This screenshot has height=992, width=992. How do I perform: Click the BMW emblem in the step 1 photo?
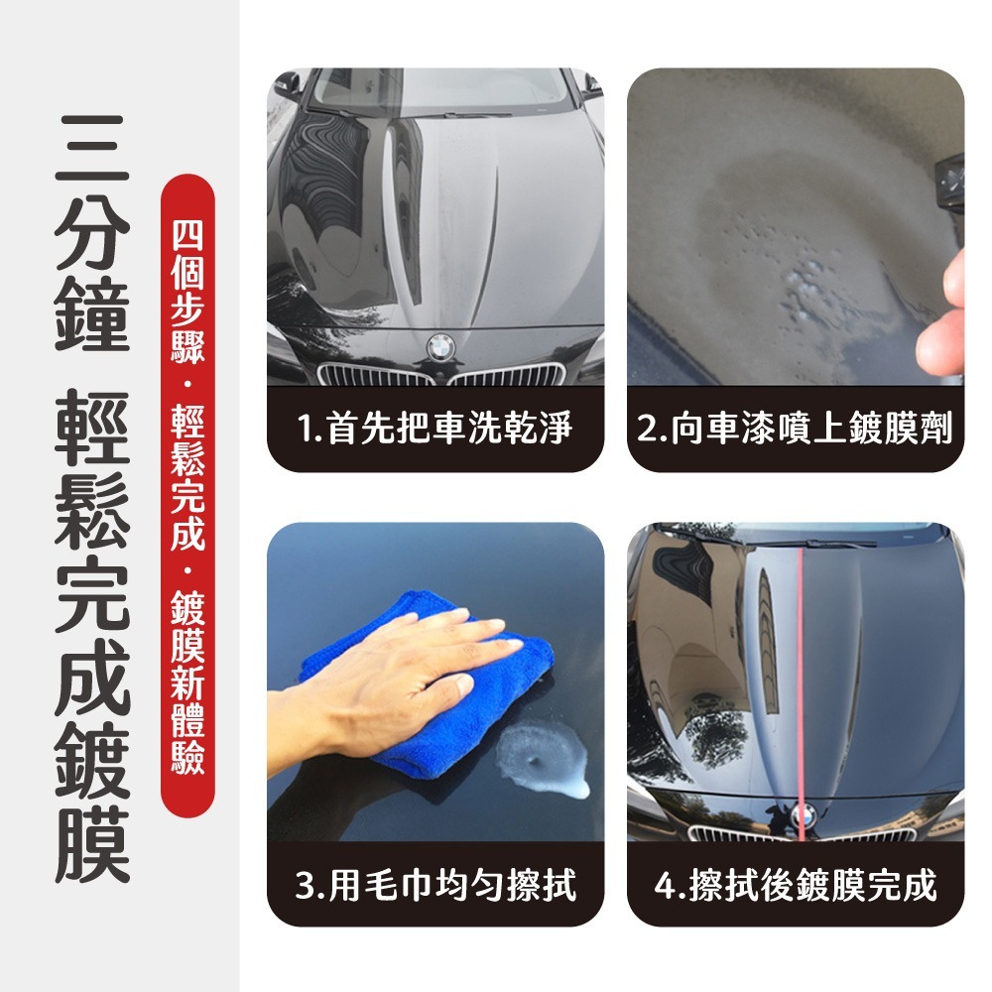pos(438,347)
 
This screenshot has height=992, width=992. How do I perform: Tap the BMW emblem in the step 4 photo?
pos(802,815)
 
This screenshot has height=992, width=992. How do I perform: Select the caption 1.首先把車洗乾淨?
pos(435,431)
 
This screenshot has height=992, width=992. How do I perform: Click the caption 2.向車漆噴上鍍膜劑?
pos(796,431)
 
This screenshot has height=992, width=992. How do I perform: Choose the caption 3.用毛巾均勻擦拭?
pos(435,885)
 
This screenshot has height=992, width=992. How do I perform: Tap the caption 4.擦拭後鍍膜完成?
pos(796,885)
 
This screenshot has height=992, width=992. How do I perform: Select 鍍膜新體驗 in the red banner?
pos(187,684)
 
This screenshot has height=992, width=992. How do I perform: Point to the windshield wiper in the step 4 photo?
pos(823,543)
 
